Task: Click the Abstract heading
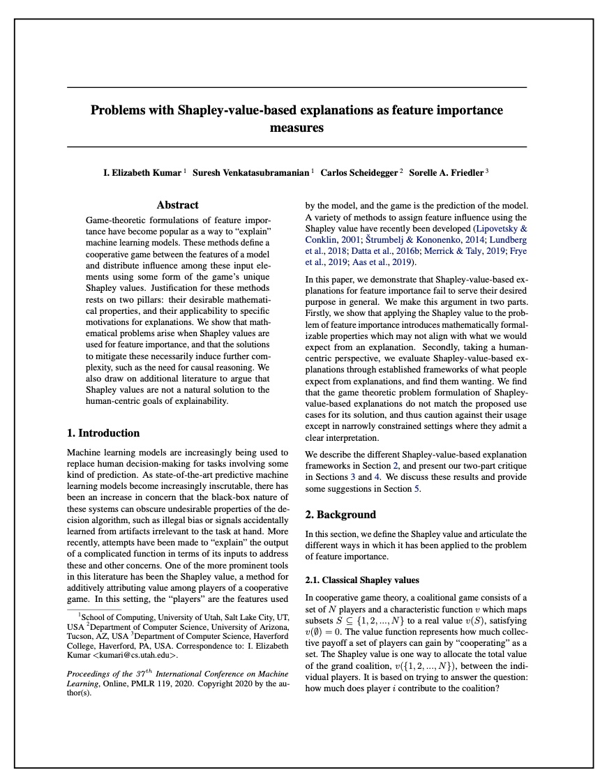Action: (x=177, y=205)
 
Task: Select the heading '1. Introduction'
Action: (x=103, y=433)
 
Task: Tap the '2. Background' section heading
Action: (x=341, y=515)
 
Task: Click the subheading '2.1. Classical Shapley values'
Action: (x=363, y=580)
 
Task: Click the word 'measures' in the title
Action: (x=297, y=128)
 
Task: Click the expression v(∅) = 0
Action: (x=328, y=631)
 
